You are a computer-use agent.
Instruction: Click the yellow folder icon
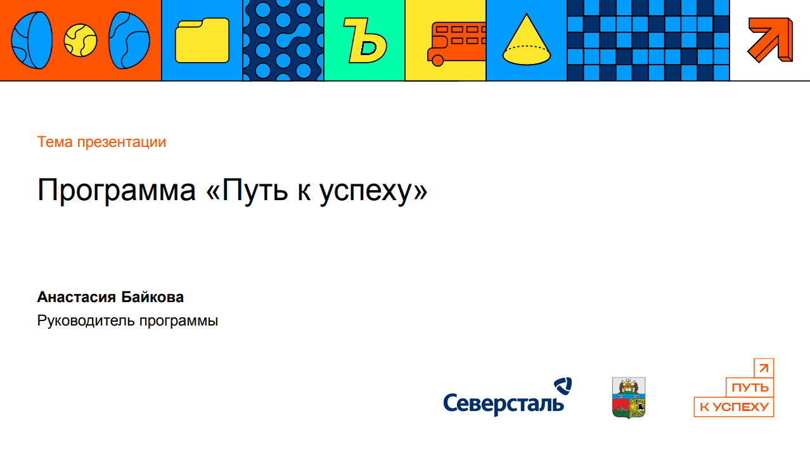coord(202,41)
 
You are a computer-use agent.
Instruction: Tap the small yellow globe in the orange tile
coord(80,40)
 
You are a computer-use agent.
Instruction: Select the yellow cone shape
coord(527,40)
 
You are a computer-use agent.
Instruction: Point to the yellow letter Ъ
coord(364,41)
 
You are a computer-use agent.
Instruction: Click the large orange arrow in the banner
coord(770,40)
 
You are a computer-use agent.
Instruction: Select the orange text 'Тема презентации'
coord(101,142)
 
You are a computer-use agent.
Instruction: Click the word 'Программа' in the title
coord(117,191)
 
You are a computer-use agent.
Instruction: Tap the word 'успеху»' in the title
coord(373,191)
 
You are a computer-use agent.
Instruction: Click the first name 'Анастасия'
coord(77,297)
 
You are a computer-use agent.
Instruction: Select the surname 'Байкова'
coord(153,297)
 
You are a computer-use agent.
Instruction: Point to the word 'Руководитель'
coord(86,321)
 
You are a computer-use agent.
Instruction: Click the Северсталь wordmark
coord(504,404)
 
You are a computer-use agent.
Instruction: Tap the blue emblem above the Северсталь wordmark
coord(563,386)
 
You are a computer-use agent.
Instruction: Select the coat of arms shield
coord(629,398)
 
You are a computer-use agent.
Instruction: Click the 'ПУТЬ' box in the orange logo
coord(750,388)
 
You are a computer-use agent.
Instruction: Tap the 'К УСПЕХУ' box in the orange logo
coord(734,407)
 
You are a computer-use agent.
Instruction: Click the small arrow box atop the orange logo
coord(764,368)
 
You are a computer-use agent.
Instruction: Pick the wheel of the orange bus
coord(437,61)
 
